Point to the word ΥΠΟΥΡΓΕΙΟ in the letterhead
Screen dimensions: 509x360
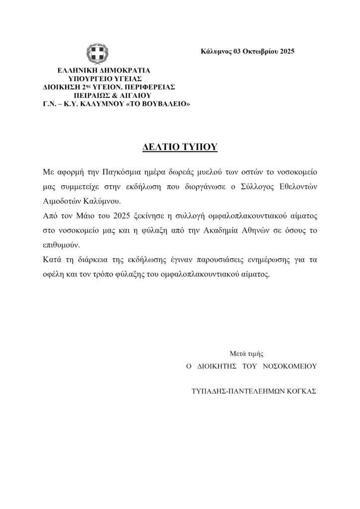click(90, 78)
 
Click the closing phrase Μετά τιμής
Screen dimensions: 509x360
click(246, 354)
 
